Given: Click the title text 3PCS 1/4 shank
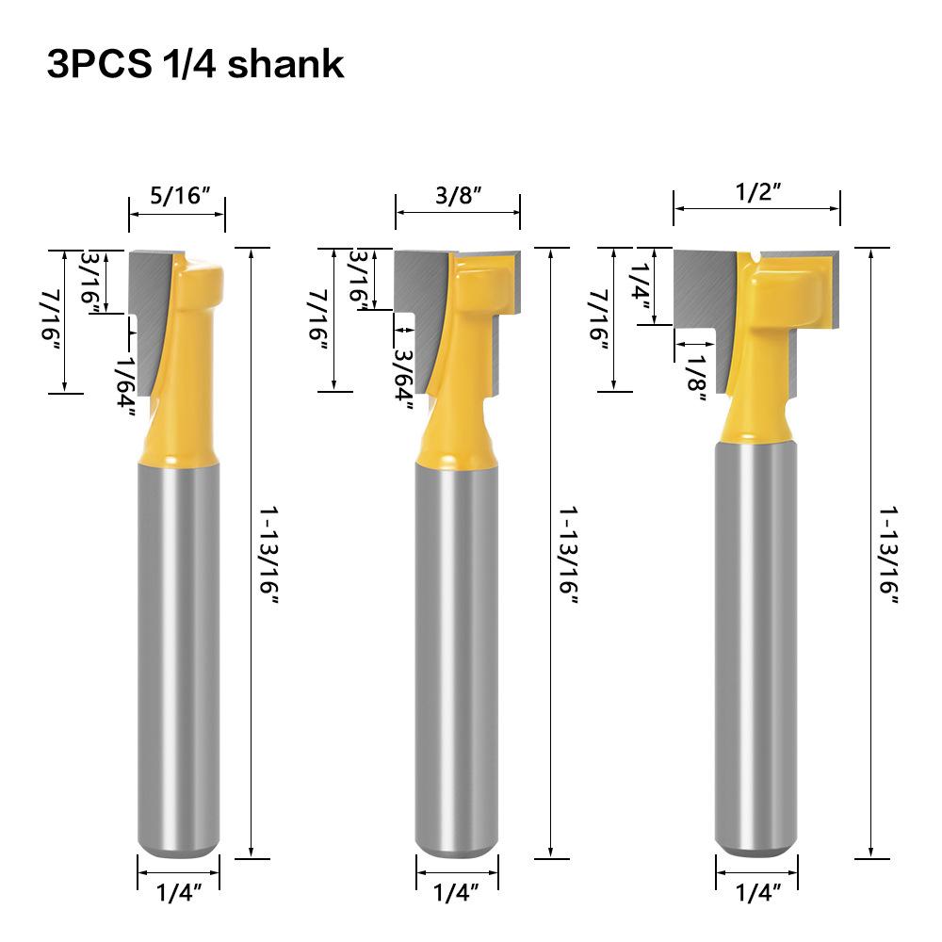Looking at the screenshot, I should (x=195, y=65).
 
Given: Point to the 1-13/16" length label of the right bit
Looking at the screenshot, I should (x=890, y=556).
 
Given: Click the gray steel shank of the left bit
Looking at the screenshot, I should (x=179, y=659).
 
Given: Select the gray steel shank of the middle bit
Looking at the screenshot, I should (x=457, y=659).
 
